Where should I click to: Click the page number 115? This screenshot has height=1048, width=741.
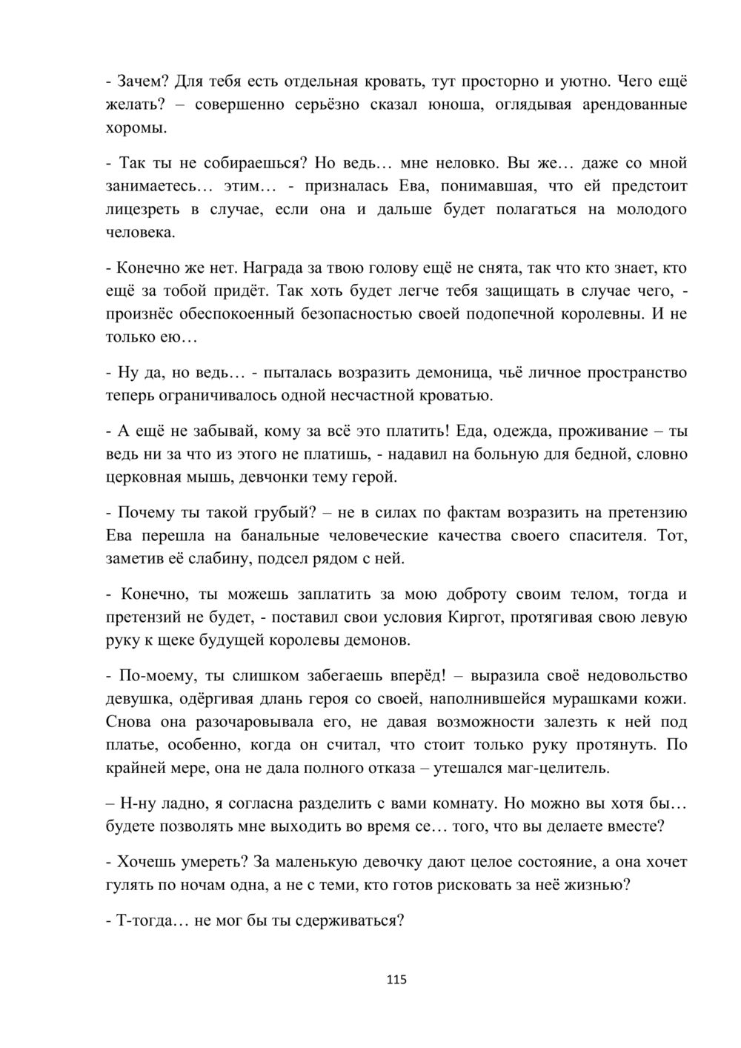(396, 980)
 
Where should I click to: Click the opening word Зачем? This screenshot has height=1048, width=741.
(139, 81)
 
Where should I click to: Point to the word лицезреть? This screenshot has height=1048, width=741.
(143, 209)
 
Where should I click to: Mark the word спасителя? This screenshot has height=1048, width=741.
(610, 535)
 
